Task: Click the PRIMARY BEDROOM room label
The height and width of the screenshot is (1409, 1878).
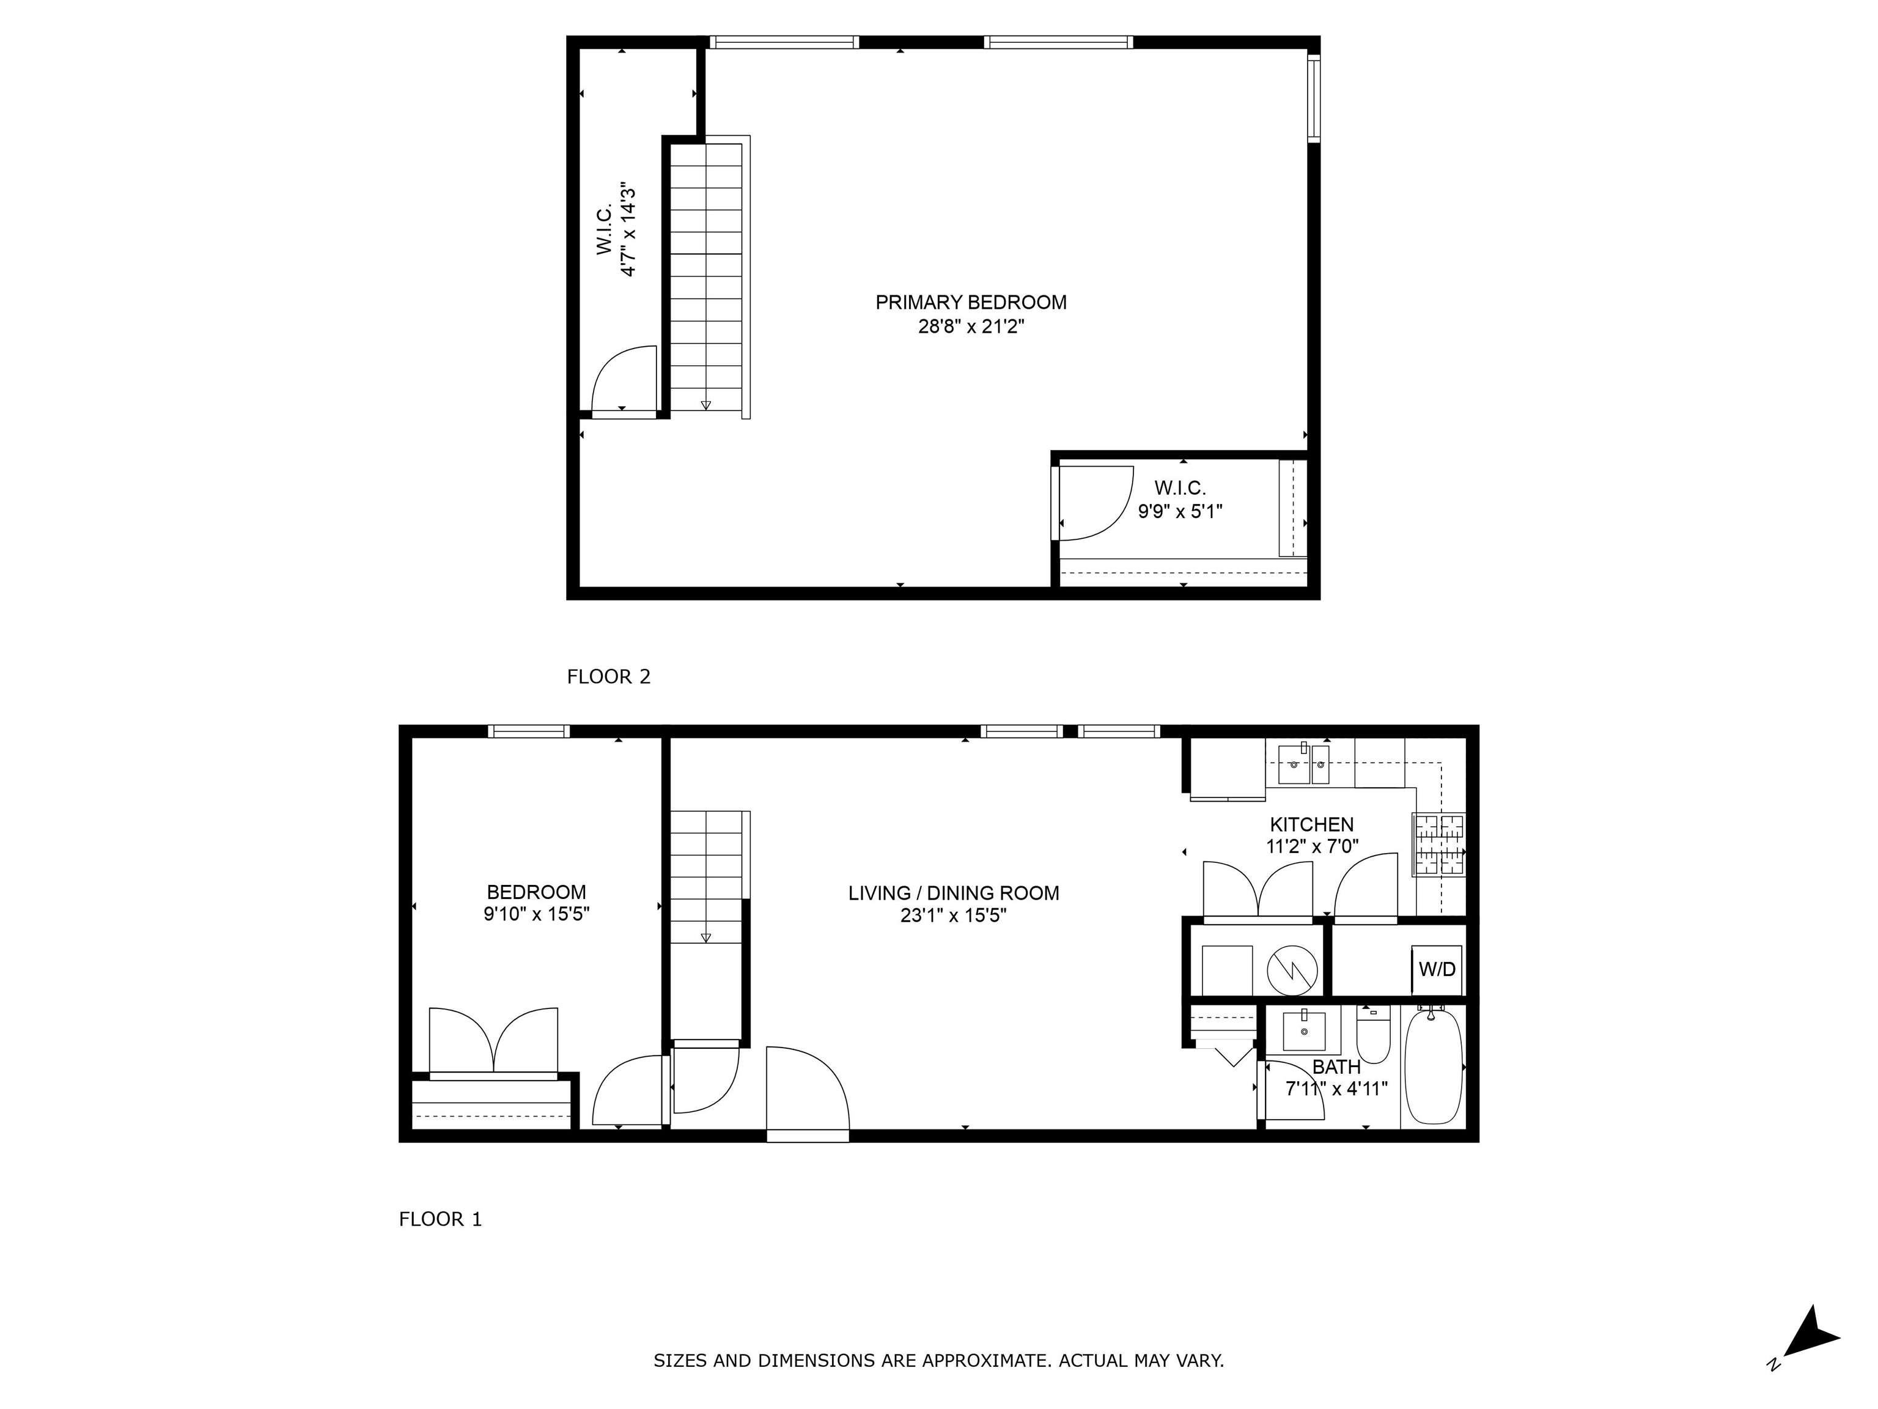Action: (970, 302)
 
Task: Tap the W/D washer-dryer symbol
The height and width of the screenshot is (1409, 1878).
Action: (1437, 970)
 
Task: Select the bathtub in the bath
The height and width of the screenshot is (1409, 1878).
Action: (1433, 1068)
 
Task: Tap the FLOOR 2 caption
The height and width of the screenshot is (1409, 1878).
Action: (608, 677)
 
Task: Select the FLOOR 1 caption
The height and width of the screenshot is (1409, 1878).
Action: (440, 1219)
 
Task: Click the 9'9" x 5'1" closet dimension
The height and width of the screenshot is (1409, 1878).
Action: (1179, 511)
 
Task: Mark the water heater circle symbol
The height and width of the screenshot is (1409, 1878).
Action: (1291, 970)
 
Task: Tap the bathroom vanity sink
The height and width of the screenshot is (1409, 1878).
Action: (1302, 1032)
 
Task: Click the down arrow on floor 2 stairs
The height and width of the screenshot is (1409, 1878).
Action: (705, 404)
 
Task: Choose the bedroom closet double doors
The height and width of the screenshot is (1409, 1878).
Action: (493, 1041)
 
